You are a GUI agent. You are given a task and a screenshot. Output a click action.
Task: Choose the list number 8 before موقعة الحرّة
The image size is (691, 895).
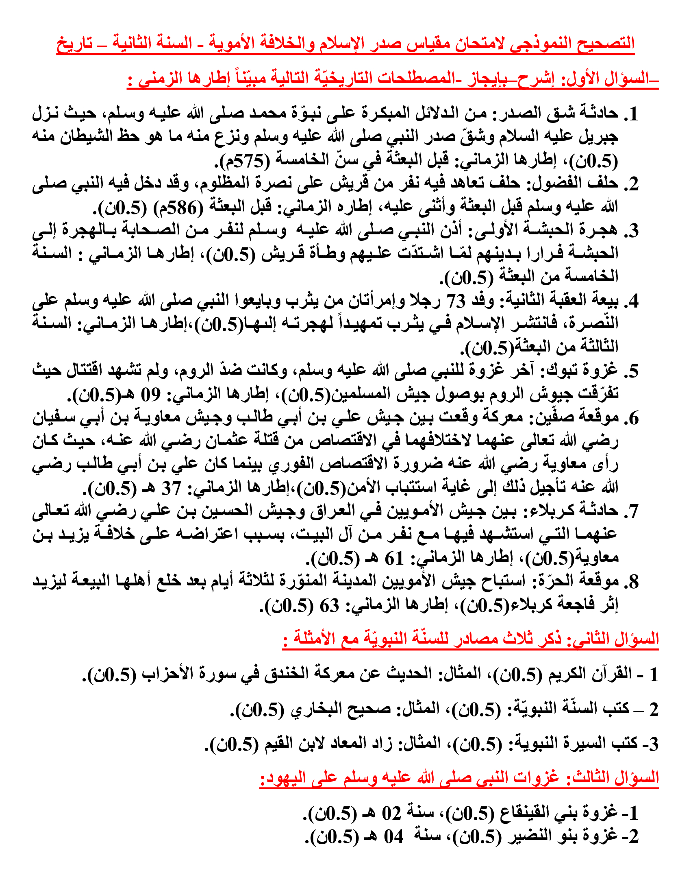point(633,582)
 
